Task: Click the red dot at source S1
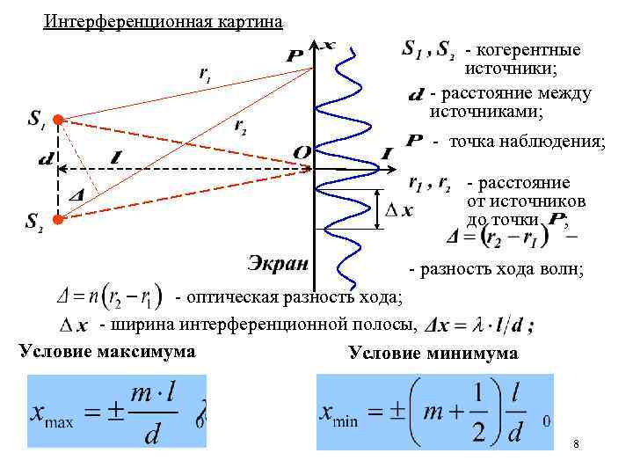click(57, 119)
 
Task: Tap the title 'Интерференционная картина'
click(164, 21)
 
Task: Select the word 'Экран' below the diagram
click(277, 264)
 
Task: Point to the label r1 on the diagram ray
click(203, 78)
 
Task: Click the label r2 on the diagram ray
click(240, 128)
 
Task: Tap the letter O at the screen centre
click(302, 153)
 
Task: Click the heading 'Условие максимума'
click(106, 352)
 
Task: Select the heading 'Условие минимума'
click(433, 354)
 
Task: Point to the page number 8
click(575, 444)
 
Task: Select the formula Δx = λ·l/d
click(478, 325)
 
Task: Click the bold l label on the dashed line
click(117, 157)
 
